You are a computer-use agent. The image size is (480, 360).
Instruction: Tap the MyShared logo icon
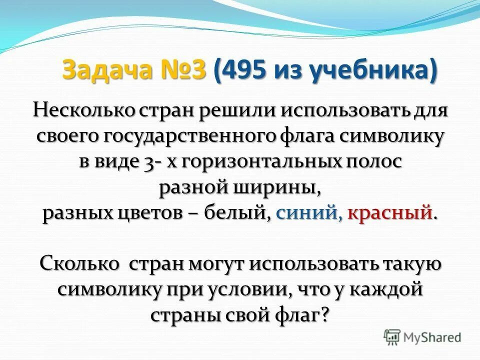pos(392,336)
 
